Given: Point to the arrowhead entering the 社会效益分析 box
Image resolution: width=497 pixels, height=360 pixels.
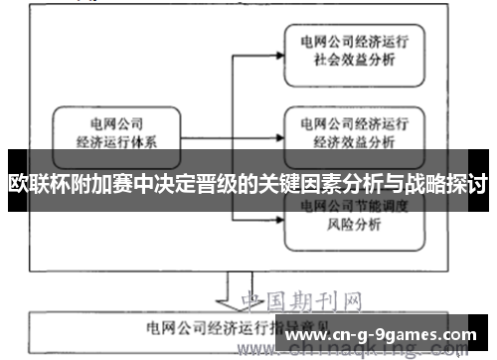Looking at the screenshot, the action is pos(280,52).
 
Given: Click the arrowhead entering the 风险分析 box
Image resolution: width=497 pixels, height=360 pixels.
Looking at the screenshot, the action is pos(280,212).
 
